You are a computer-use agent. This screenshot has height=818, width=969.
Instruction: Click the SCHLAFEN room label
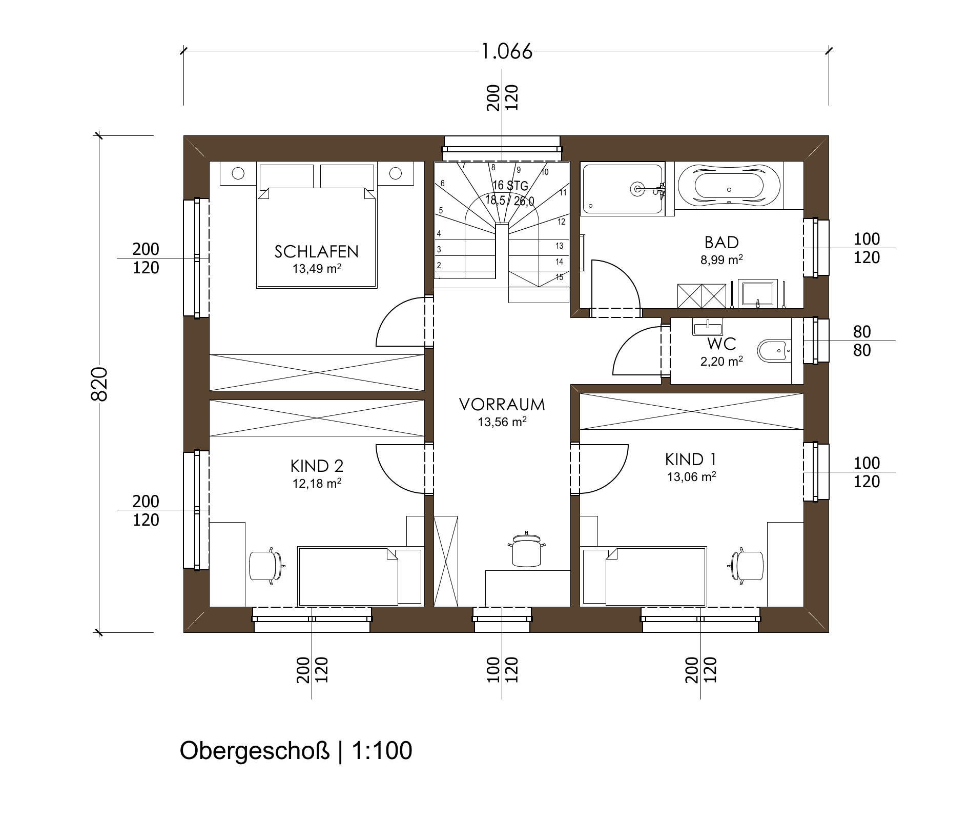coord(316,251)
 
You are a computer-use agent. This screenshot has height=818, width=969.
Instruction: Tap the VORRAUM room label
coord(502,405)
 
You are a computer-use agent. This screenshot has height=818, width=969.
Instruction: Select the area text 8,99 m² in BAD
coord(721,260)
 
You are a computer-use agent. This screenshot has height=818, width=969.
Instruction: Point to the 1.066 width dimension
coord(506,51)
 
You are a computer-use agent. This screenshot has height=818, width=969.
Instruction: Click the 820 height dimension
coord(99,384)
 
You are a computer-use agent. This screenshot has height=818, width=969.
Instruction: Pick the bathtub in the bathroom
coord(729,187)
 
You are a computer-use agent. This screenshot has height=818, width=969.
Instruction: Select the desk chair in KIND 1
coord(746,566)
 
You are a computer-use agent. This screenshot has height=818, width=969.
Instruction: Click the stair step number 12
coord(561,222)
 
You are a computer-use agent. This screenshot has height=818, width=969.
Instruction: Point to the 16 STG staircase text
coord(510,185)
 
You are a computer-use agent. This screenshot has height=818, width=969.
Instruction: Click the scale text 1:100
coord(382,750)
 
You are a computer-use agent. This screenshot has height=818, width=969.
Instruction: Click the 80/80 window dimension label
coord(862,341)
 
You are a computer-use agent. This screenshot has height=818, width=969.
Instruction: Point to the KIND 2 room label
coord(317,466)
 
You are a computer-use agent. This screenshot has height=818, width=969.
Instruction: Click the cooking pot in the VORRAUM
coord(527,550)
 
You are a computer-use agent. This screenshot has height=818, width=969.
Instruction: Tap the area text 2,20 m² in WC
coord(721,362)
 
